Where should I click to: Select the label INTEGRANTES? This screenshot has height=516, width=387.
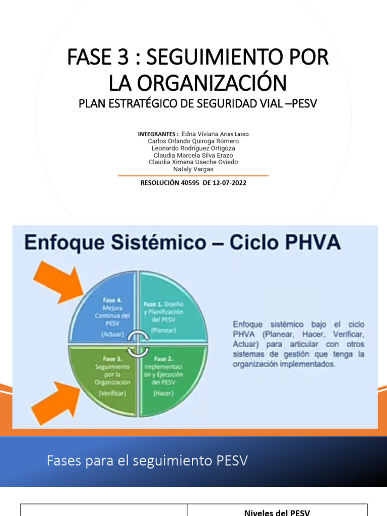tap(158, 134)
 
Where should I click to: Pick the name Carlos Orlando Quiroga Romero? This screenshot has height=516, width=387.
tap(193, 141)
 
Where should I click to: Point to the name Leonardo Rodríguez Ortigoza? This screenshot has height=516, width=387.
tap(193, 148)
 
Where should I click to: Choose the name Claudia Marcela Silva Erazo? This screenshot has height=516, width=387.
tap(193, 155)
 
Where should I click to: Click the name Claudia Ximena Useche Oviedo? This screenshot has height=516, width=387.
tap(193, 162)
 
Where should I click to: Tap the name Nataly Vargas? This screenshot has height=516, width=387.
tap(193, 169)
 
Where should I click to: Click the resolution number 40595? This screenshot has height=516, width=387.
tap(189, 183)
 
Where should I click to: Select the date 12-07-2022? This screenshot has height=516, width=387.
tap(229, 183)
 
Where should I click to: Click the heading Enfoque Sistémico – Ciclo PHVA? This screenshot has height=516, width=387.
tap(182, 243)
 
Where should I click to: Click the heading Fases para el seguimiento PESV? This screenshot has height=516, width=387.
tap(147, 460)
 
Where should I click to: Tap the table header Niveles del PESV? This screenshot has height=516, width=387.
tap(277, 512)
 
